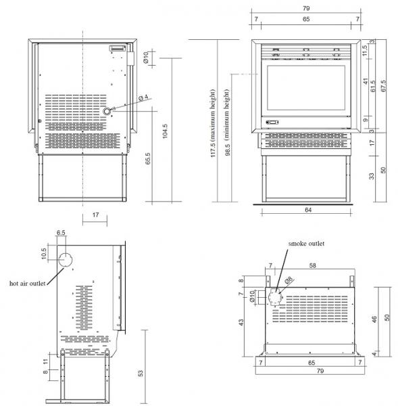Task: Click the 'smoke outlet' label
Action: click(306, 244)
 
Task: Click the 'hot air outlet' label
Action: click(28, 284)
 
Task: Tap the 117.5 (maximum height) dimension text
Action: click(213, 123)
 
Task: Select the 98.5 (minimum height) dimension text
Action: click(227, 122)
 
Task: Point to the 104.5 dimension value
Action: click(165, 131)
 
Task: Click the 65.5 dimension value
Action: click(148, 158)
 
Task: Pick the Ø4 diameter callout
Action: click(143, 97)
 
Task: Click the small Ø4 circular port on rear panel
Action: click(106, 112)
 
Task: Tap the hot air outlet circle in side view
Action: click(65, 260)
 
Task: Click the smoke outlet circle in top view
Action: click(274, 298)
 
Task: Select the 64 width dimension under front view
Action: click(308, 210)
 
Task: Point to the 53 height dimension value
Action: click(141, 373)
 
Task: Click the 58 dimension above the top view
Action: click(313, 266)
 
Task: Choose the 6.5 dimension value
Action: click(61, 233)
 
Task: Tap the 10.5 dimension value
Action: click(44, 254)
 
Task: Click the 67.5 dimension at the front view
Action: click(383, 86)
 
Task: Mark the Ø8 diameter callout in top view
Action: click(289, 280)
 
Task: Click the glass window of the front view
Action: click(306, 88)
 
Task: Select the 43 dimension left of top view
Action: click(241, 323)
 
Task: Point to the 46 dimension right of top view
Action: click(374, 319)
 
